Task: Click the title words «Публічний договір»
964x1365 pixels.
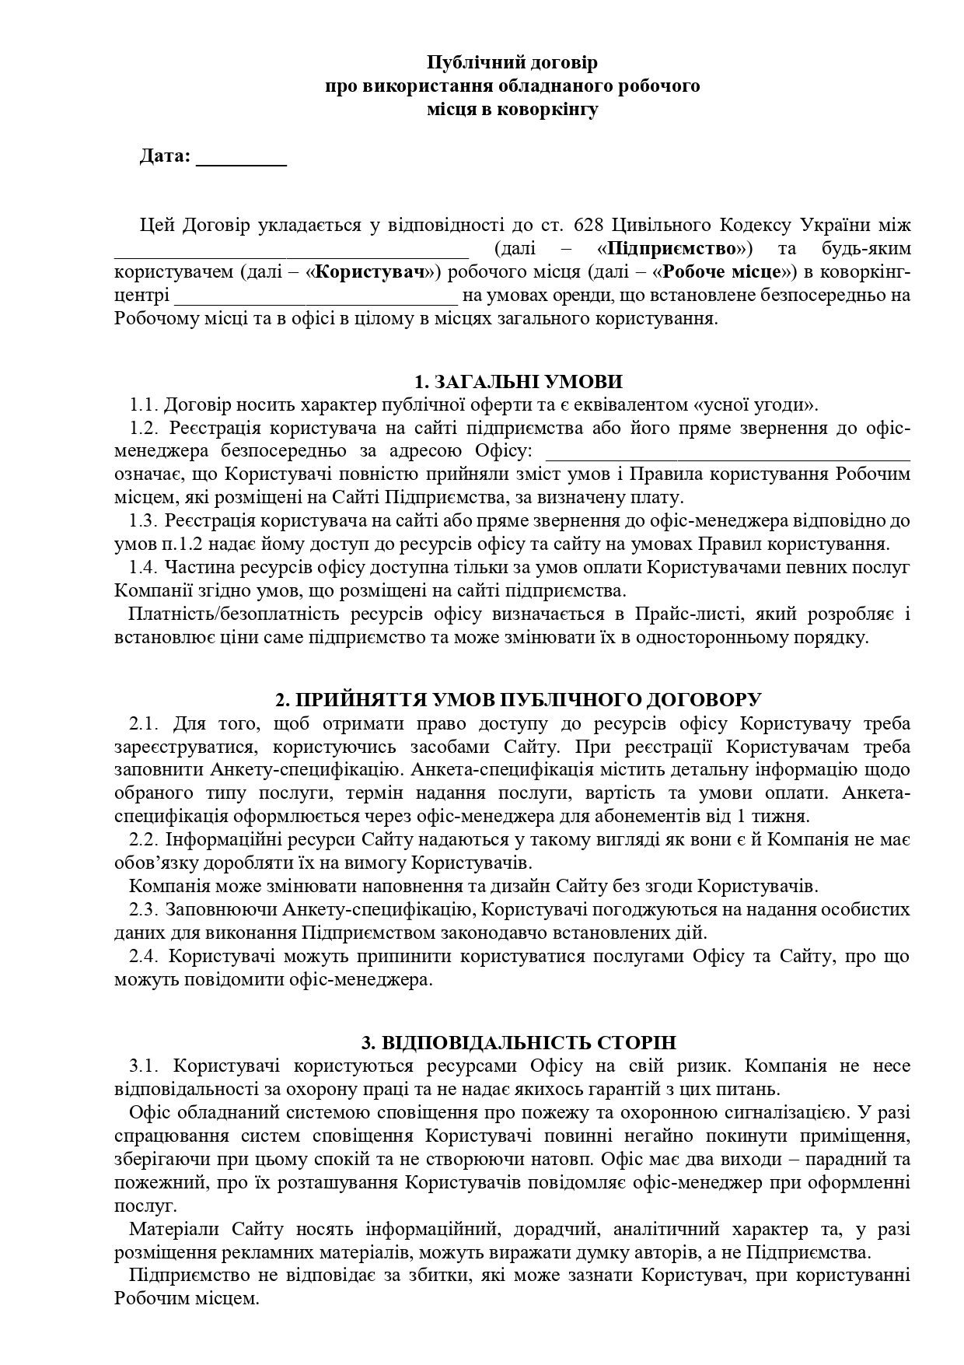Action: [513, 61]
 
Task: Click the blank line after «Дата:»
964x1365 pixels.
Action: [241, 158]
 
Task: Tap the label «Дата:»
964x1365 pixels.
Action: [165, 156]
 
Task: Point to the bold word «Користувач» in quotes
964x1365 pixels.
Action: [375, 272]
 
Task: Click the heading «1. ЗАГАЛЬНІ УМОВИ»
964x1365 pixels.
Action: [519, 382]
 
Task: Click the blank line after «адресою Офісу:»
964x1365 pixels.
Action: [728, 453]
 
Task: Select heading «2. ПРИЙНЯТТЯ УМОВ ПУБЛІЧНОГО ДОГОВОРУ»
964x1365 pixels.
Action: [519, 699]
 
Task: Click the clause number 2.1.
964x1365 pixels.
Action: [144, 723]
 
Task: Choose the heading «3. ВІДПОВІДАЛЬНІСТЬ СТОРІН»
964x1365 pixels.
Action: [519, 1043]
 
